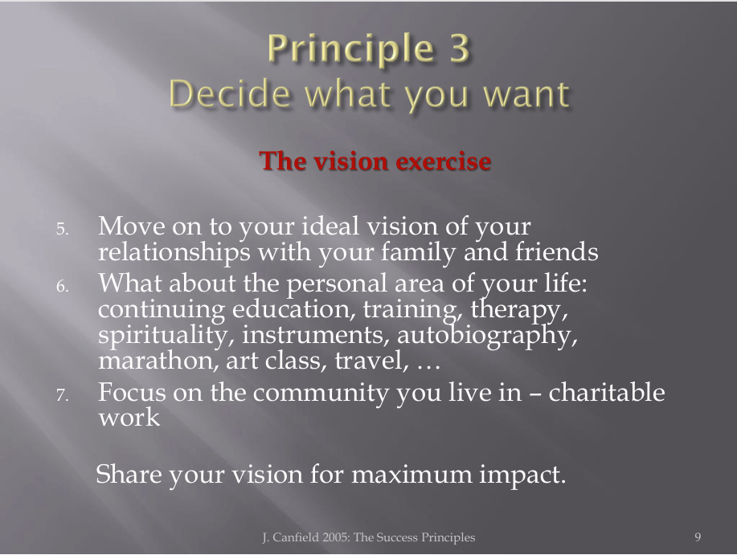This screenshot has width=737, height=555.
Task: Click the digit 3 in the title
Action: tap(459, 47)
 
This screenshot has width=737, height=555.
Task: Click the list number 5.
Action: tap(63, 229)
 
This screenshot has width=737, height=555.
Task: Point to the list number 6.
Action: tap(63, 285)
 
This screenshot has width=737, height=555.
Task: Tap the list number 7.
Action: tap(63, 395)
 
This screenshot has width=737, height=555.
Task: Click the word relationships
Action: tap(174, 253)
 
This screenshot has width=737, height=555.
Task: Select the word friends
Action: tap(556, 251)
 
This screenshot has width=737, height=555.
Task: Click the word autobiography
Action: tap(487, 336)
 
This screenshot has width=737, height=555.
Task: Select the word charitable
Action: tap(606, 392)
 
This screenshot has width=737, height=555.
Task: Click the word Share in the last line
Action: tap(129, 473)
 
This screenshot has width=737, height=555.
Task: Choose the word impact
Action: tap(522, 475)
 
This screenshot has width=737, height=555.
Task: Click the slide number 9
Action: tap(698, 537)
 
